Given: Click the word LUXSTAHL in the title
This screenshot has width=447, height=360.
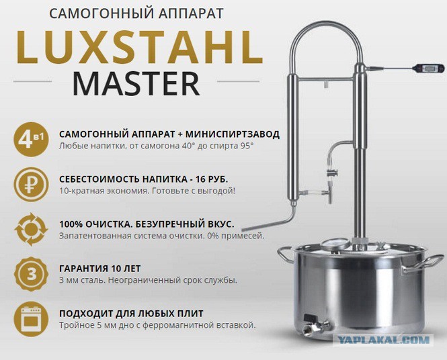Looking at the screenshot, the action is pyautogui.click(x=140, y=47).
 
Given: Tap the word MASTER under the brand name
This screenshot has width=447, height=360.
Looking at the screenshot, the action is pyautogui.click(x=136, y=84).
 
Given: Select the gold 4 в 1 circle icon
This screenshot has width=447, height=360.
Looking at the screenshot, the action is pyautogui.click(x=31, y=139).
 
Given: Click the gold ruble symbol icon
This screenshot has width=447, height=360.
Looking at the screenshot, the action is pyautogui.click(x=31, y=185).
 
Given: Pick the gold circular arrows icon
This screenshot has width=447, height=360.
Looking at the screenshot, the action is pyautogui.click(x=31, y=229).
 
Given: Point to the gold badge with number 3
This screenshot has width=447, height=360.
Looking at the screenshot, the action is pyautogui.click(x=31, y=274).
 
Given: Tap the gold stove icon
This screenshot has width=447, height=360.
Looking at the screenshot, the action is pyautogui.click(x=31, y=319).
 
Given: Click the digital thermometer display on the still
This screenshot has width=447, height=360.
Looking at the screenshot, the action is pyautogui.click(x=428, y=68).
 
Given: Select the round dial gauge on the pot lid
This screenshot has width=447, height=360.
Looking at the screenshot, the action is pyautogui.click(x=336, y=244).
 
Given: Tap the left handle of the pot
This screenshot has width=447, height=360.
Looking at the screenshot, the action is pyautogui.click(x=286, y=253).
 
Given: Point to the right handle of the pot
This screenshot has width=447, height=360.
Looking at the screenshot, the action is pyautogui.click(x=423, y=263).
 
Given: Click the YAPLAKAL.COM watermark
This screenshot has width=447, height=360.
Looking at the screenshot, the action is pyautogui.click(x=383, y=340).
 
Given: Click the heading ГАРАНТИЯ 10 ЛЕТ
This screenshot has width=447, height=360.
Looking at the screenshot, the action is pyautogui.click(x=99, y=269).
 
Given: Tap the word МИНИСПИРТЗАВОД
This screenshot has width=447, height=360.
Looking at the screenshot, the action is pyautogui.click(x=233, y=134).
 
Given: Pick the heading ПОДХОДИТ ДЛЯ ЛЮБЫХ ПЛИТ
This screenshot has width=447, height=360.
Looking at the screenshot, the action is pyautogui.click(x=131, y=314).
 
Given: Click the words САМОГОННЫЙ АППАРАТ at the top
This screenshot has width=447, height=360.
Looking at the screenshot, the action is pyautogui.click(x=136, y=13).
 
